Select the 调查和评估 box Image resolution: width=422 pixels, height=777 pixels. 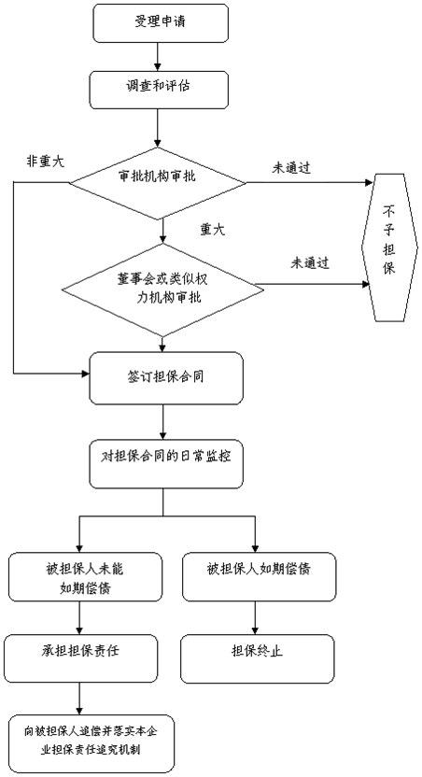click(x=159, y=90)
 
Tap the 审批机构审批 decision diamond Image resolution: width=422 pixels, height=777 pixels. click(x=157, y=183)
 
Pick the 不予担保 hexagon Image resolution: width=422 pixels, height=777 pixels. click(x=388, y=247)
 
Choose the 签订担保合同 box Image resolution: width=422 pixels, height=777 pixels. click(x=166, y=378)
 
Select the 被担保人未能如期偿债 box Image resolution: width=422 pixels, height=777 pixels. click(x=85, y=577)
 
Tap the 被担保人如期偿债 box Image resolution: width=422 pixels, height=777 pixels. click(x=259, y=577)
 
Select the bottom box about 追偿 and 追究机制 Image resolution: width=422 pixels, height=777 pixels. click(x=92, y=743)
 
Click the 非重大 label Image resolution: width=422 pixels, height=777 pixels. click(x=45, y=162)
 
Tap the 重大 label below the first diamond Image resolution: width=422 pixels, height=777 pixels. click(x=213, y=230)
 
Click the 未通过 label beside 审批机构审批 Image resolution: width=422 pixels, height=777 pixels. click(x=291, y=168)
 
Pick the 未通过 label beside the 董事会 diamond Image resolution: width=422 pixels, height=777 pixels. click(x=310, y=263)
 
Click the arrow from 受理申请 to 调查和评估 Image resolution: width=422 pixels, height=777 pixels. click(x=158, y=56)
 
